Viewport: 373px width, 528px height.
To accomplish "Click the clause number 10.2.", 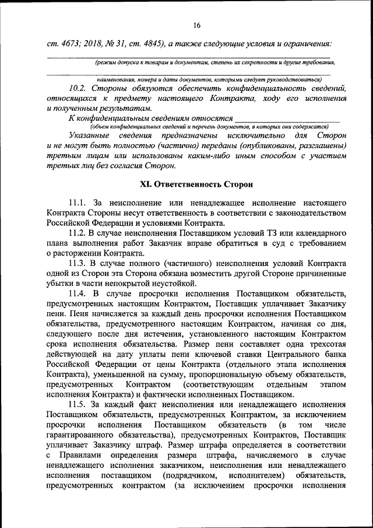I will tap(78, 89).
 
